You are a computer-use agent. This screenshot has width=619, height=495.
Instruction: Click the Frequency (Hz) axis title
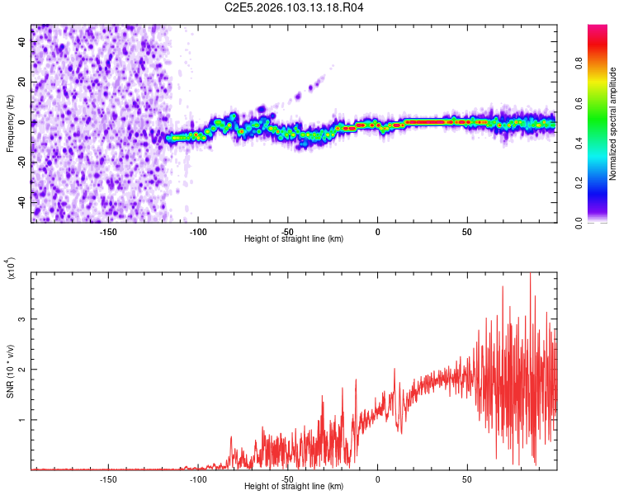point(10,124)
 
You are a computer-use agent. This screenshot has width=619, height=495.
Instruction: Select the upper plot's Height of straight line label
point(294,238)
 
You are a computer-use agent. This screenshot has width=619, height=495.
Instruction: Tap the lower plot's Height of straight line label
point(294,486)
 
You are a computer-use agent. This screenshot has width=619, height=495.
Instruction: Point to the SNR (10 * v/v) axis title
point(10,371)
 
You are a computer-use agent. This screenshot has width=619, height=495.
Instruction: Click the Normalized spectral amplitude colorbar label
point(613,124)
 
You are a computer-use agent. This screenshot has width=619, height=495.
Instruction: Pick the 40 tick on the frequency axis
point(22,42)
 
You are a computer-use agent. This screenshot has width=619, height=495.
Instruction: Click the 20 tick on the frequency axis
point(22,82)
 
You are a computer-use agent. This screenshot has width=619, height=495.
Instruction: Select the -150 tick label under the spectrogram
point(108,231)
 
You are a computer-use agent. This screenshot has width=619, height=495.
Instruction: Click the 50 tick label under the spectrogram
point(467,231)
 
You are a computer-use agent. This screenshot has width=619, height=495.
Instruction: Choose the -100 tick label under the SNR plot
point(198,478)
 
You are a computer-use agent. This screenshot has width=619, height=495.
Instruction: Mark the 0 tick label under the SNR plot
point(378,478)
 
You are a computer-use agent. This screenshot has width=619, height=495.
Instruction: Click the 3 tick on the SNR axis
point(22,318)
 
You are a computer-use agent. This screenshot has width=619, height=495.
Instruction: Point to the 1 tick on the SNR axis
point(22,420)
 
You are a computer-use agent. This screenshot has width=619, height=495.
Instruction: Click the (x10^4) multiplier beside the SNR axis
point(12,269)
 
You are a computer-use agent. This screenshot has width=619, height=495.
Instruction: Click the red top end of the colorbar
point(597,30)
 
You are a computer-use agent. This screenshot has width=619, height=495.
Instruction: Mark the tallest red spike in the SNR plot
point(530,274)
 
